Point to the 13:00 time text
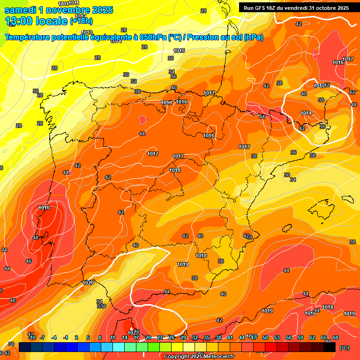(x=22, y=21)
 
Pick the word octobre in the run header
(x=323, y=8)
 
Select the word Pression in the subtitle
(x=202, y=37)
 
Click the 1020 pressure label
(x=88, y=283)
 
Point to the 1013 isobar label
(x=87, y=45)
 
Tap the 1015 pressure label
(x=179, y=51)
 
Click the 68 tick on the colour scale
(x=336, y=337)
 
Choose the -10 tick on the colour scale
(x=32, y=337)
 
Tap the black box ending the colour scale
(x=330, y=347)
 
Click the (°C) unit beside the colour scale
(x=344, y=347)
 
